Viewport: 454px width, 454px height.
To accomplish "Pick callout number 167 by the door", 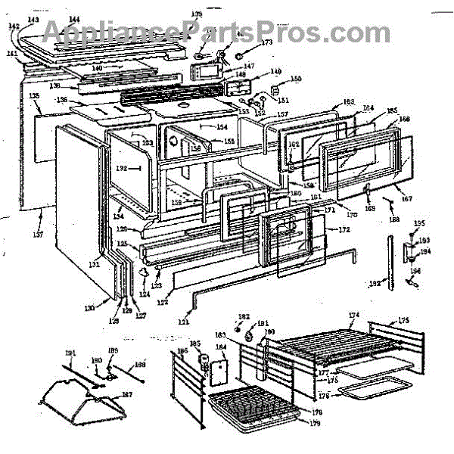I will pos(407,200).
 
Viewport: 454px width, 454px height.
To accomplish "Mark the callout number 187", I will pos(126,395).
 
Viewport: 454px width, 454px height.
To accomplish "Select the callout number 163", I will pos(327,102).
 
